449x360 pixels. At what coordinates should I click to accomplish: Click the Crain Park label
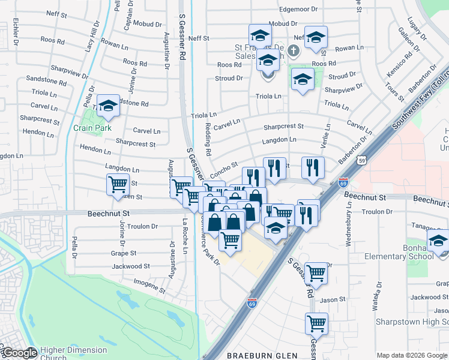coord(89,128)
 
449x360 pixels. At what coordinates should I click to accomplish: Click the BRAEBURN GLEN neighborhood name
coord(262,356)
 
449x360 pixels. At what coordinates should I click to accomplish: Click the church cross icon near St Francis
coord(293,51)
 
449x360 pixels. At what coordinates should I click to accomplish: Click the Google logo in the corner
coord(19,352)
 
